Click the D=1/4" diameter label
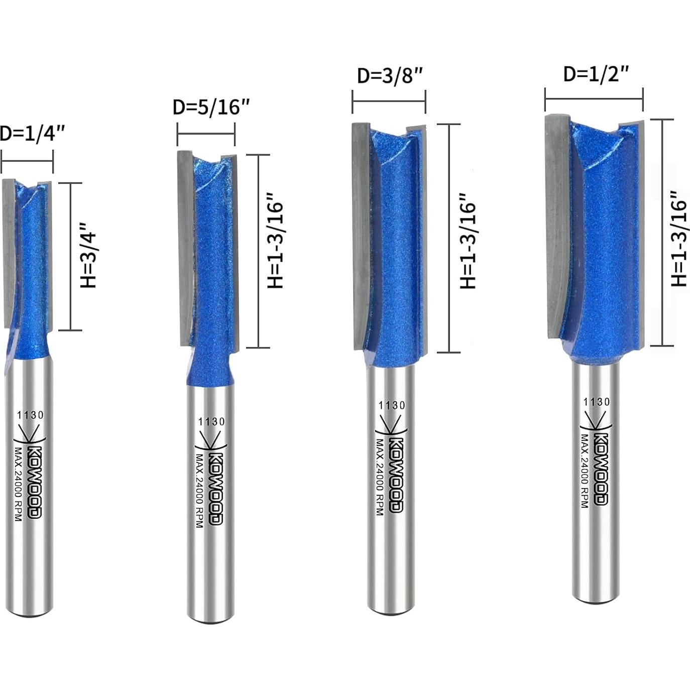(x=32, y=134)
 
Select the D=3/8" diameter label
(x=390, y=75)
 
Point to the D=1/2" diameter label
(x=596, y=74)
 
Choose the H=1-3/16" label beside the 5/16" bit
(x=275, y=240)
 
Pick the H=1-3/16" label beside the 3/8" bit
(x=468, y=241)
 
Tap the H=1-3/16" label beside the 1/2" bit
(x=679, y=238)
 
